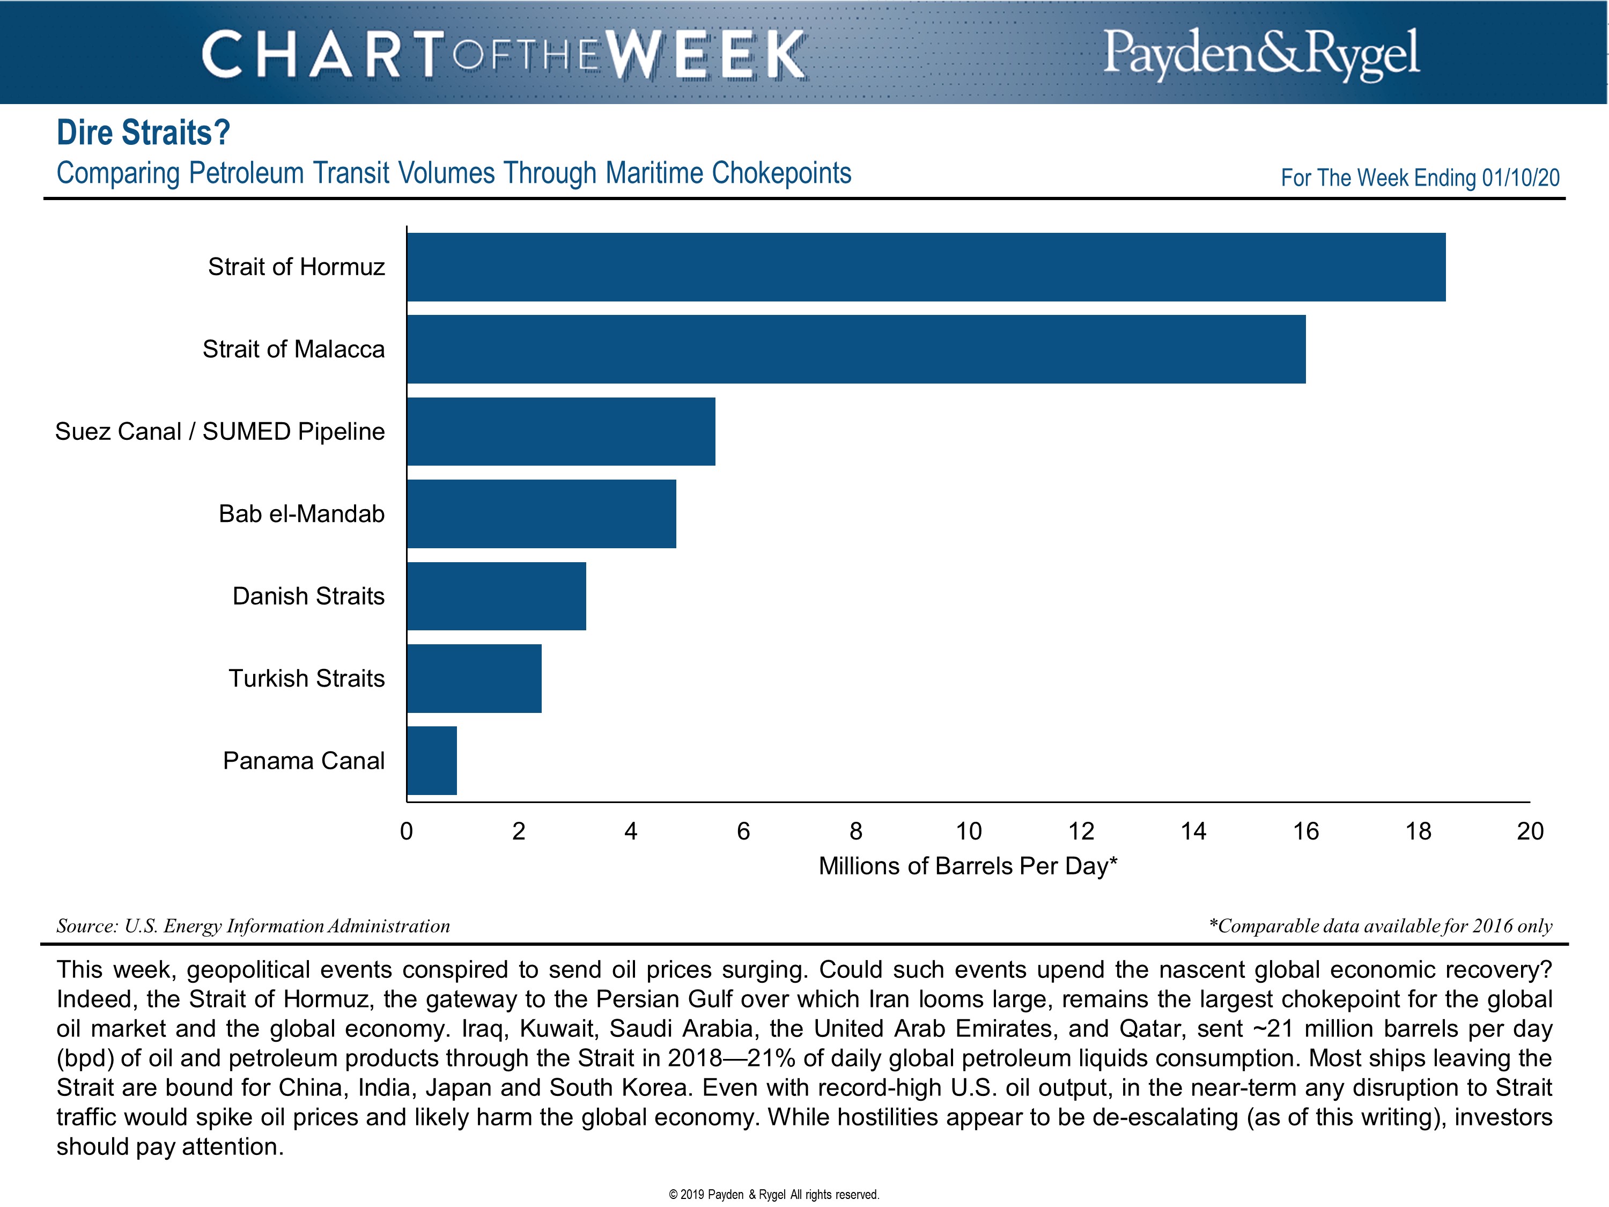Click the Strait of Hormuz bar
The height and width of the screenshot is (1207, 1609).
point(926,267)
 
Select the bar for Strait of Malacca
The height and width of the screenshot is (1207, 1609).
point(856,349)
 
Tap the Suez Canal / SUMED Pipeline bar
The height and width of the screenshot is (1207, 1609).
point(561,431)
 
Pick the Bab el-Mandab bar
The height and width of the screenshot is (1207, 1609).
point(541,514)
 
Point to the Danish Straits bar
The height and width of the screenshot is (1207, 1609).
point(496,596)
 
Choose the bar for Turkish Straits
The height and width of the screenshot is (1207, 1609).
point(474,678)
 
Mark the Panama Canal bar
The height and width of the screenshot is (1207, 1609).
point(432,760)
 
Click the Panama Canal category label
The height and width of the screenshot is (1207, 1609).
point(304,760)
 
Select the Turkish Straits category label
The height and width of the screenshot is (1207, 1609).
point(306,678)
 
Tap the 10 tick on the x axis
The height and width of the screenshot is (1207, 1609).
point(968,831)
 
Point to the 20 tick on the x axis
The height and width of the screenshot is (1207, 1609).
point(1530,831)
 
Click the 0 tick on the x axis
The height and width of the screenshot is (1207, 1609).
point(407,831)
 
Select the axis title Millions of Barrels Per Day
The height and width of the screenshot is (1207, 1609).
point(968,866)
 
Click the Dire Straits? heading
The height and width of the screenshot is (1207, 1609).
point(143,133)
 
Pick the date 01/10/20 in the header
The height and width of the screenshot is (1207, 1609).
point(1521,178)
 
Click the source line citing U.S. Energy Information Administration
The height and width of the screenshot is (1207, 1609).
point(253,926)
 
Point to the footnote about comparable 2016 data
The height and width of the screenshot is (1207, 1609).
point(1380,926)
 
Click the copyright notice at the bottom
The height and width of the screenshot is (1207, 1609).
point(774,1195)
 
